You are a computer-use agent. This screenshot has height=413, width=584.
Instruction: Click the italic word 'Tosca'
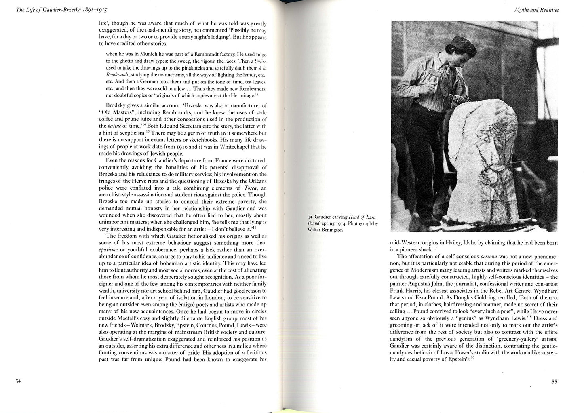coord(252,188)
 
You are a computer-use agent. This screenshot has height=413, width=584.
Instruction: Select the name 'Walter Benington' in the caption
coord(325,230)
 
